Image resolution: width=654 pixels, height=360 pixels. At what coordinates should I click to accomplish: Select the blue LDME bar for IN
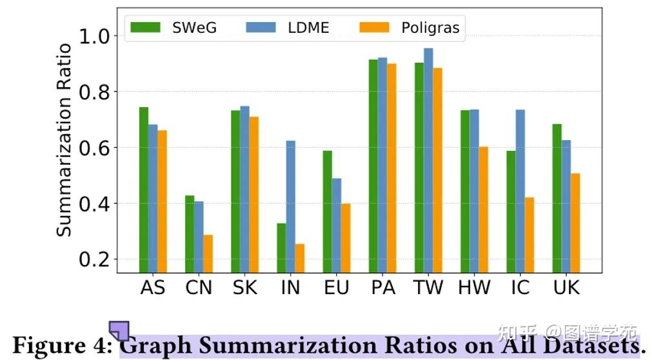point(291,206)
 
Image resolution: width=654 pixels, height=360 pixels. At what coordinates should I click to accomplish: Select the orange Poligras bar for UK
point(575,223)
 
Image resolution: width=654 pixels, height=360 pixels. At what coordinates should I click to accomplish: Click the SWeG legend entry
point(173,27)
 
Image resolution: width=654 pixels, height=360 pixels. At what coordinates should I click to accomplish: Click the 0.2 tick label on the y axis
point(96,259)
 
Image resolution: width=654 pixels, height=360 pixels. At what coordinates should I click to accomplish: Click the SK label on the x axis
point(244,287)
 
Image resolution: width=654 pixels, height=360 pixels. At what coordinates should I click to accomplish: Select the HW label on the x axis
point(474,287)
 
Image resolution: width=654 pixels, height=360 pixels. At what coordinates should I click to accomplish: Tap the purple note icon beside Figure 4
point(119,330)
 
